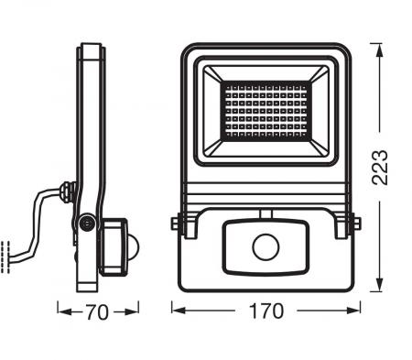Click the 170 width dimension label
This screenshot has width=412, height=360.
click(266, 311)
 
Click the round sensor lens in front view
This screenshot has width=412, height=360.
click(266, 246)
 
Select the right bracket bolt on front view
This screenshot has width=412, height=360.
click(355, 223)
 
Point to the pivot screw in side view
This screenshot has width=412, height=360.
click(87, 223)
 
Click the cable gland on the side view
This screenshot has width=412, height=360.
click(66, 192)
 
